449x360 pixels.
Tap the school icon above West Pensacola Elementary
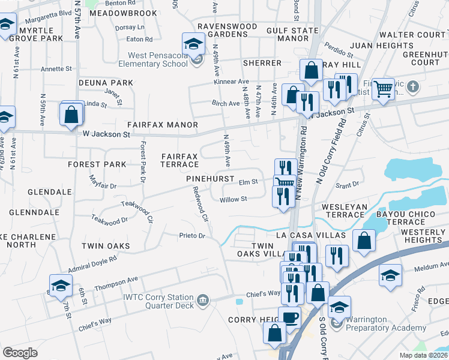(x=193, y=43)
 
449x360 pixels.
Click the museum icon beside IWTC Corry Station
(x=203, y=299)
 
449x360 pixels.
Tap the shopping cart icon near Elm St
(x=284, y=182)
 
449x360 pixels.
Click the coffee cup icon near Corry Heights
(x=289, y=317)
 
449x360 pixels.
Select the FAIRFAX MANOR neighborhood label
(x=162, y=125)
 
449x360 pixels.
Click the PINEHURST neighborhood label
(x=209, y=179)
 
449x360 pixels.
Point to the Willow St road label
(x=234, y=200)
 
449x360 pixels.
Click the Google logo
(x=20, y=352)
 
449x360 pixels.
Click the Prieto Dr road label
(x=192, y=236)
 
